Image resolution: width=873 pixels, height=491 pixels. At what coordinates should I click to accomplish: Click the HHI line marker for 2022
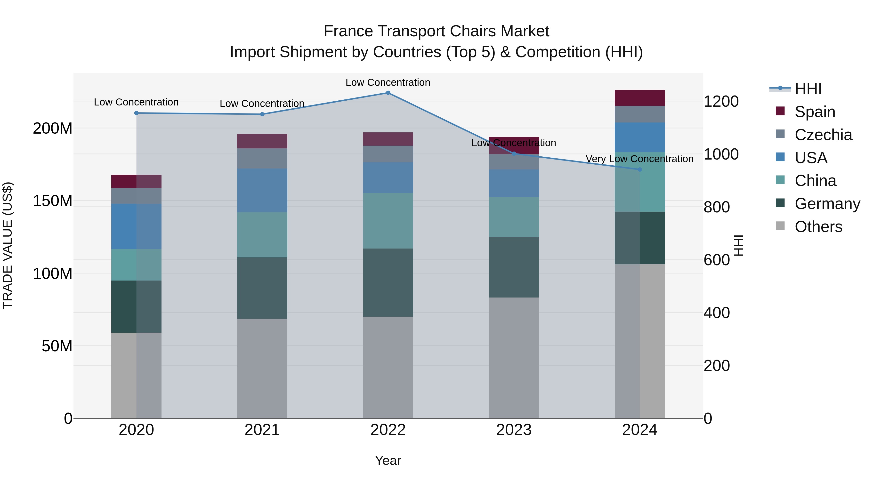click(388, 93)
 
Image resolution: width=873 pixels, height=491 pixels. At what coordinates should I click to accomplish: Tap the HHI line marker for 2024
click(639, 169)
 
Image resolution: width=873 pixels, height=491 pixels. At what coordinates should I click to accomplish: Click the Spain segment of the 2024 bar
click(639, 98)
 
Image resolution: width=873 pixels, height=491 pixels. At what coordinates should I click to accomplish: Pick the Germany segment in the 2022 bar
click(388, 283)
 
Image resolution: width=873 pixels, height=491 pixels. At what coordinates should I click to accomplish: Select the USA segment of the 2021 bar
click(262, 190)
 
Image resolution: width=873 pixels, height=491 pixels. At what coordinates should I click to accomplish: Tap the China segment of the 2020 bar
click(136, 265)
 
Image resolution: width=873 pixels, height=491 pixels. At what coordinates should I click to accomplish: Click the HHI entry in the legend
click(808, 89)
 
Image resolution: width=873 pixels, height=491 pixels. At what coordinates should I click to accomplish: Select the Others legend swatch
click(780, 226)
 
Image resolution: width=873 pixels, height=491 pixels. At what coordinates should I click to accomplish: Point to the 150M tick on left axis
click(53, 201)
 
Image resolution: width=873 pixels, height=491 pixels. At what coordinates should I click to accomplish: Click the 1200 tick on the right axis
click(721, 101)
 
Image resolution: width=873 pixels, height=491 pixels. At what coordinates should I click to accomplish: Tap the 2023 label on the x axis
click(514, 430)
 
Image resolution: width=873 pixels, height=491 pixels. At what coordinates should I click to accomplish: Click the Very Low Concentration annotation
click(639, 159)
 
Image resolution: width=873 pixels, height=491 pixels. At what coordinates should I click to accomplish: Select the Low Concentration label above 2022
click(388, 82)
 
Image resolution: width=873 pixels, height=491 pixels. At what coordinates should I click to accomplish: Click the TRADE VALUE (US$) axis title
click(8, 245)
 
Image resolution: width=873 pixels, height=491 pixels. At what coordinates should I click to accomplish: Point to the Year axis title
click(388, 460)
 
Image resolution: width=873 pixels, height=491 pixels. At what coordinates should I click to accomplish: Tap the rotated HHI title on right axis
click(739, 245)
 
